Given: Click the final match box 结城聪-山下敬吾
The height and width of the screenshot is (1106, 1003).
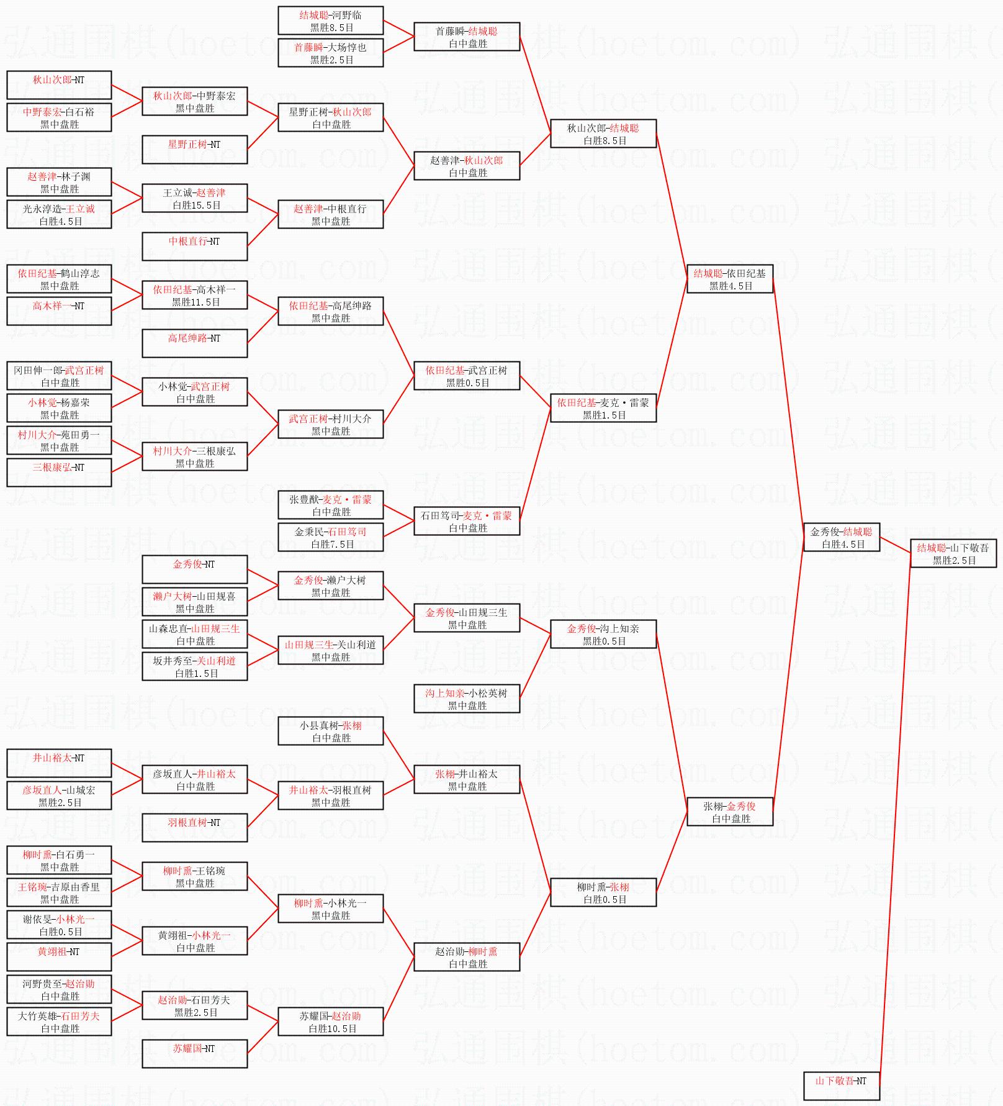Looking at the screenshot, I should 953,553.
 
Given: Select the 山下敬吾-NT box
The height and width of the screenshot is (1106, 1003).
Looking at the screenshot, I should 841,1086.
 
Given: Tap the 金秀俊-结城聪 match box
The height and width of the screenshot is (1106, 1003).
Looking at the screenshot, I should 841,537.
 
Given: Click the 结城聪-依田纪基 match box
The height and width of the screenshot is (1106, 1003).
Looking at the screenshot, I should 730,279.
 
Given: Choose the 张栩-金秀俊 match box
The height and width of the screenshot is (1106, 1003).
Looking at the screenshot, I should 730,812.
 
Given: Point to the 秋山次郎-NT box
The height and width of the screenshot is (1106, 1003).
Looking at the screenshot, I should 59,85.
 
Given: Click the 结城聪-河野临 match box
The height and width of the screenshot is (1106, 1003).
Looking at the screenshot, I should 331,20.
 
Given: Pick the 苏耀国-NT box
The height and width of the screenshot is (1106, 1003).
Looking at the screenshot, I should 194,1054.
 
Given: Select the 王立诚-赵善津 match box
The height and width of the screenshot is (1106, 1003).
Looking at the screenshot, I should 194,198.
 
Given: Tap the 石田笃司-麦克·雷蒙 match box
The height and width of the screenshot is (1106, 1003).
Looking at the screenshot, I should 467,521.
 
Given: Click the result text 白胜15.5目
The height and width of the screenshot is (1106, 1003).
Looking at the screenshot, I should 197,206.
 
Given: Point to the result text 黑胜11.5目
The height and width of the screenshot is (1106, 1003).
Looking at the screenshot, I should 196,302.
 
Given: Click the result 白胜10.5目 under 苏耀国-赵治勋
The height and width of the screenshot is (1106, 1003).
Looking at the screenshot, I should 333,1029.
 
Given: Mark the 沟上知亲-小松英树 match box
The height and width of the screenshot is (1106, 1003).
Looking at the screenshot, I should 467,699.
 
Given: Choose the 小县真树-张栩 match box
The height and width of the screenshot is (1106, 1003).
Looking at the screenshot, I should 331,731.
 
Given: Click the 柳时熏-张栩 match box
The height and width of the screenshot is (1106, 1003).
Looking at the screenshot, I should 603,892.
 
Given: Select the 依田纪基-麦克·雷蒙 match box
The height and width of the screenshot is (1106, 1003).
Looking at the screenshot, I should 603,408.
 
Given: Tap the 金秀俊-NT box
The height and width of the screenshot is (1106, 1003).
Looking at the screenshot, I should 194,569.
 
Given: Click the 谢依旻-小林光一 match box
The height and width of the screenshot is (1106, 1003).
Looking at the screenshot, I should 59,925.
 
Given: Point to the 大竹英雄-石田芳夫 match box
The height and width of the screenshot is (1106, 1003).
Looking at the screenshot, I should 59,1022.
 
